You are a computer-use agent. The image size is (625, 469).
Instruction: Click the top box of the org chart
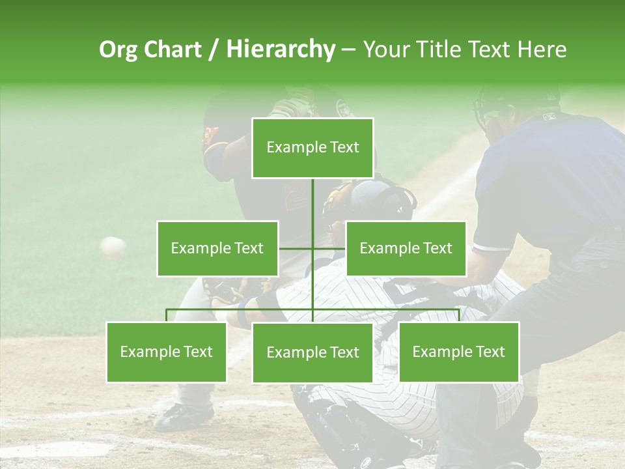pos(312,148)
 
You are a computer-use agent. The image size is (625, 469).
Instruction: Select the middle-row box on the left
pos(217,248)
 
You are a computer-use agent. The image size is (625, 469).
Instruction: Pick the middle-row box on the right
pos(406,248)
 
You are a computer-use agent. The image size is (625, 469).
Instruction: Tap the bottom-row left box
pos(166,352)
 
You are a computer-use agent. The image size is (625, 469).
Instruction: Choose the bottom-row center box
pos(312,352)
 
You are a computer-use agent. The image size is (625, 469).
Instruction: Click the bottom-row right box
pos(458,352)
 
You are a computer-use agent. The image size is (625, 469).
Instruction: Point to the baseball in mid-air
pos(113,246)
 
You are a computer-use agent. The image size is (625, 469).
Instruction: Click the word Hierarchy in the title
pos(280,50)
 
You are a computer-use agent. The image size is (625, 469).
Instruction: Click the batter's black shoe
pos(184,415)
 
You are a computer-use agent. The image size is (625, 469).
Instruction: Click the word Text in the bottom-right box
pos(490,352)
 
